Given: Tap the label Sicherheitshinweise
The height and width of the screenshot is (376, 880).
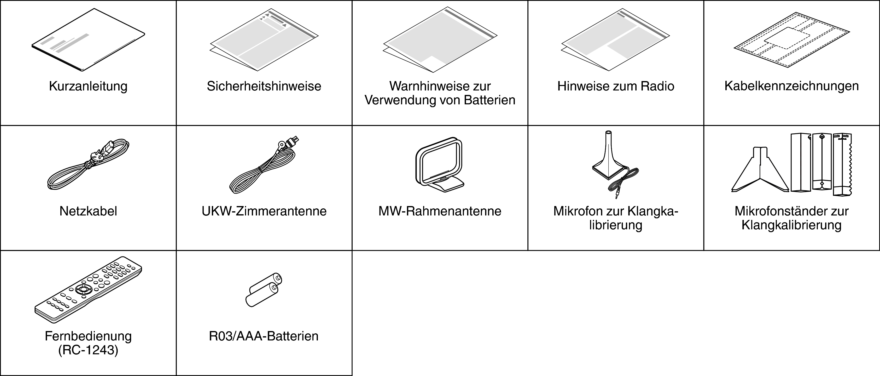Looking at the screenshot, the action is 264,86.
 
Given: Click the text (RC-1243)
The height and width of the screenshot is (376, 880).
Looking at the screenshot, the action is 88,350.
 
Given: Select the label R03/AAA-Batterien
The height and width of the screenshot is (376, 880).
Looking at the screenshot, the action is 264,336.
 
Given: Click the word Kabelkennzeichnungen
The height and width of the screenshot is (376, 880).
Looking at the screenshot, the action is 791,86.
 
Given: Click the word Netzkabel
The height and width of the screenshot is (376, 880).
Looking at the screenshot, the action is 88,211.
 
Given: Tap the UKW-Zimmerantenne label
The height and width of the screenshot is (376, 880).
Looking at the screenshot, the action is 264,211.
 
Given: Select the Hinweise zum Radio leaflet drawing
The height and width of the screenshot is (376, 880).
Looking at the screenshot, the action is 615,40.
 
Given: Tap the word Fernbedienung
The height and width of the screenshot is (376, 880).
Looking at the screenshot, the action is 88,336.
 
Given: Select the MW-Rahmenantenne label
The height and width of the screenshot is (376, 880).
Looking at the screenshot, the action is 440,211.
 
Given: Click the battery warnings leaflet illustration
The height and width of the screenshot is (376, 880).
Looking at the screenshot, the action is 440,40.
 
